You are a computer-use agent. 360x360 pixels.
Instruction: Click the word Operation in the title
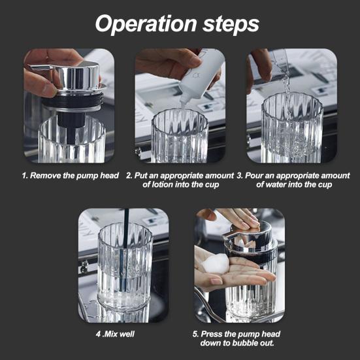pos(146,24)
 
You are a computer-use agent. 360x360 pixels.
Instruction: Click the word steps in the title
pos(231,24)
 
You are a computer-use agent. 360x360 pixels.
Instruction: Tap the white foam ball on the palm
pos(216,264)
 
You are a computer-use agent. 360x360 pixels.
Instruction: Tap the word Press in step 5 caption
pos(211,334)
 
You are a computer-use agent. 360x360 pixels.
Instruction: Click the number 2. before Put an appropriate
pos(129,176)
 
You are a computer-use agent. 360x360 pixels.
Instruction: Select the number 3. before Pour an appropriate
pos(240,176)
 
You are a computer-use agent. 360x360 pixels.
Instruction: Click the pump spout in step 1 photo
pos(41,67)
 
